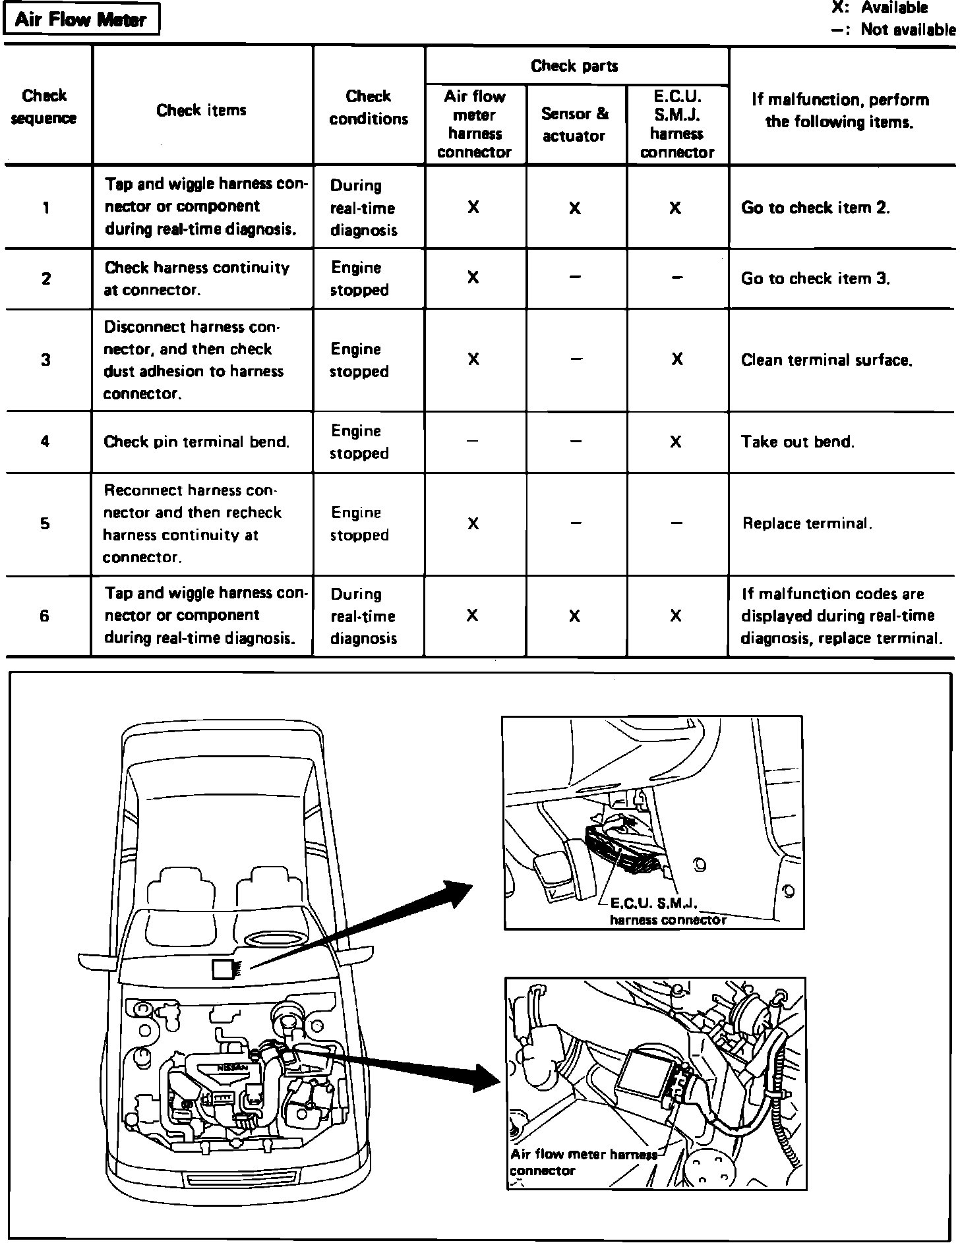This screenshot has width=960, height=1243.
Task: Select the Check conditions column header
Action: click(x=369, y=107)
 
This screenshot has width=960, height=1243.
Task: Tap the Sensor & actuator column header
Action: click(x=574, y=125)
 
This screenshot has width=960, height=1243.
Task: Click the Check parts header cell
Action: click(x=574, y=66)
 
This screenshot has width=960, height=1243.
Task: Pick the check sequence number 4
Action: click(x=45, y=442)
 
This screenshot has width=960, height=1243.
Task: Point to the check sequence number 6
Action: click(x=45, y=617)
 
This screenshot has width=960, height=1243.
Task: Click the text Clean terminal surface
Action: click(x=826, y=360)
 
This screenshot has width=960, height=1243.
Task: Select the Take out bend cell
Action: click(x=797, y=442)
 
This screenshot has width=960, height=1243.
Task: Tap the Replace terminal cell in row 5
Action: click(x=807, y=524)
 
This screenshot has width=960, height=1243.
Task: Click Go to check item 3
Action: click(x=815, y=279)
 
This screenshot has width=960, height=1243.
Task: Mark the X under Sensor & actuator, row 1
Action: click(x=574, y=208)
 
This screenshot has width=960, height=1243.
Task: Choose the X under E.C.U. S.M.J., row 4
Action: click(x=675, y=442)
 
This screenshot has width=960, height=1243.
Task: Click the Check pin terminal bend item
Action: click(x=196, y=442)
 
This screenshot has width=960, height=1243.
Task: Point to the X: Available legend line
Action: click(x=880, y=9)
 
